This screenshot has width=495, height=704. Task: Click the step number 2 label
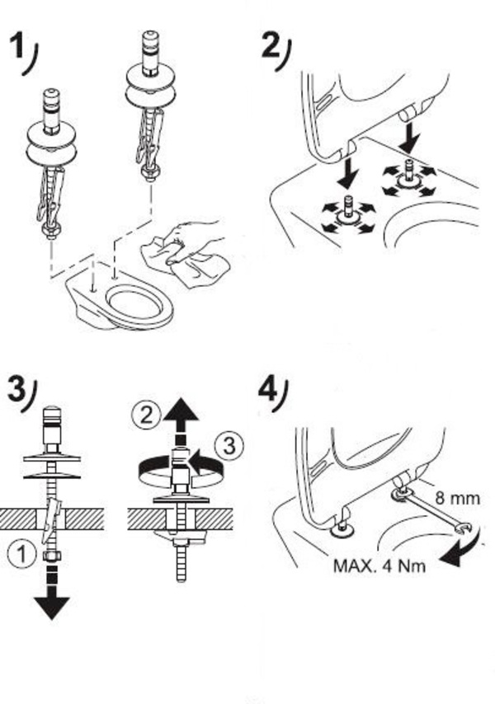pos(271,45)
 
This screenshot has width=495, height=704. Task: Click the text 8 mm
pos(456,498)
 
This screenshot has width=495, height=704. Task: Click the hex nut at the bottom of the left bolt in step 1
pos(51,235)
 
